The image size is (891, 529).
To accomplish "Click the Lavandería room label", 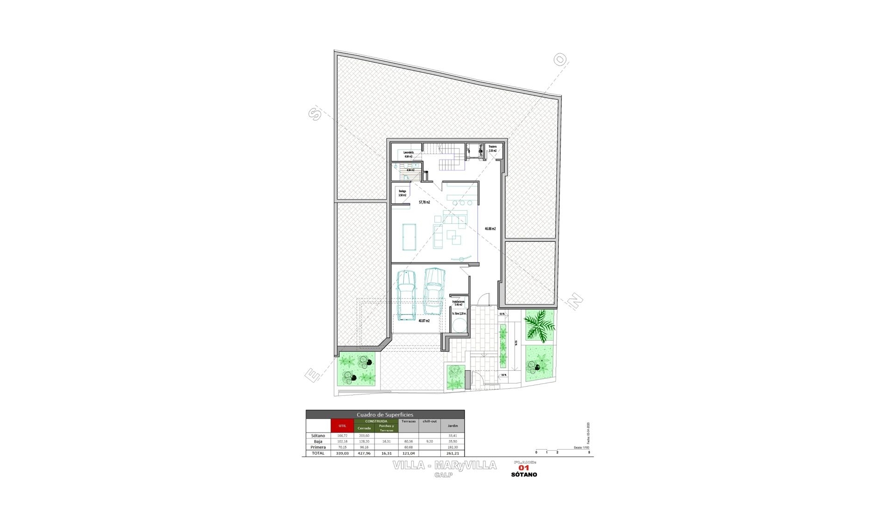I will [x=408, y=153].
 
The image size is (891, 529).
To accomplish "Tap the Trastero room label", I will [x=492, y=147].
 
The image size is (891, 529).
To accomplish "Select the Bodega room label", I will [x=402, y=191].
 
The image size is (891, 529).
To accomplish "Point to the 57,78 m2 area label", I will [x=424, y=202].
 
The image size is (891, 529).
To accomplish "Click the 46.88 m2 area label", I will [x=490, y=229].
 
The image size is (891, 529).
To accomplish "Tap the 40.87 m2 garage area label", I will [x=424, y=321].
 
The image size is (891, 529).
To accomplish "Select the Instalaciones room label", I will [x=458, y=302].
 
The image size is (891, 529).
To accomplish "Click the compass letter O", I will [x=561, y=60].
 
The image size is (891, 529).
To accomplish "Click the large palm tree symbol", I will [x=539, y=325].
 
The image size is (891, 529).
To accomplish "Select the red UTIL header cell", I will [x=342, y=426].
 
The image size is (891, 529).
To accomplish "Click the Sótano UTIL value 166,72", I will [x=342, y=436].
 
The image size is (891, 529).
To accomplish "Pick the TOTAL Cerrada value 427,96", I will [x=364, y=453].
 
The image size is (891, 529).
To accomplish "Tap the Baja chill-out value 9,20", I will [x=429, y=441].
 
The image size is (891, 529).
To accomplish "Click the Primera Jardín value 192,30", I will [x=452, y=447].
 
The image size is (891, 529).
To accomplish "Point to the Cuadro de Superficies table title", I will [x=385, y=415].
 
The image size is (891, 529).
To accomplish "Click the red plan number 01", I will [x=524, y=468].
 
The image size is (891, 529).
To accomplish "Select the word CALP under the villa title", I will [x=444, y=475].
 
